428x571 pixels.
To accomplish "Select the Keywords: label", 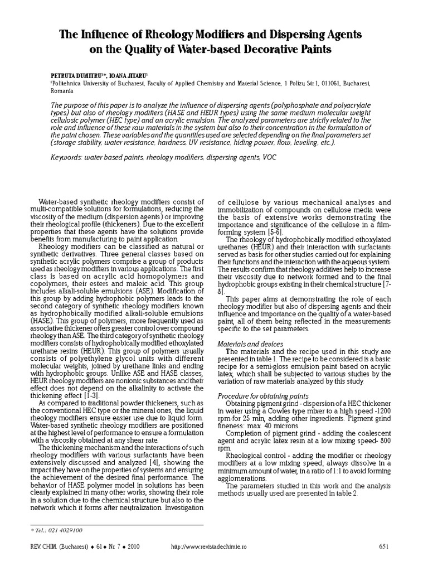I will click(x=66, y=158).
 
